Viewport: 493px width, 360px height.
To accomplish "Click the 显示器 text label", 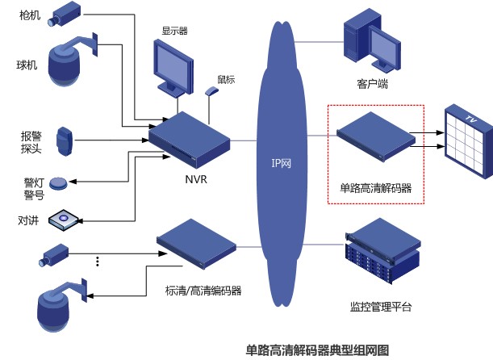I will click(174, 31).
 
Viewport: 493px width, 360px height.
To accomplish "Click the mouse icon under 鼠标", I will click(211, 91).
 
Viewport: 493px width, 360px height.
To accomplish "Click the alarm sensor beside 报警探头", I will click(66, 142).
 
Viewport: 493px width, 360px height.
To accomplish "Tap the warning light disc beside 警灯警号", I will click(59, 183).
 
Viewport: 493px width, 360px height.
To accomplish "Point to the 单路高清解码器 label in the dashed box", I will click(376, 188).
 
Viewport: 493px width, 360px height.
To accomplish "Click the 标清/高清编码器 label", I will click(203, 291).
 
